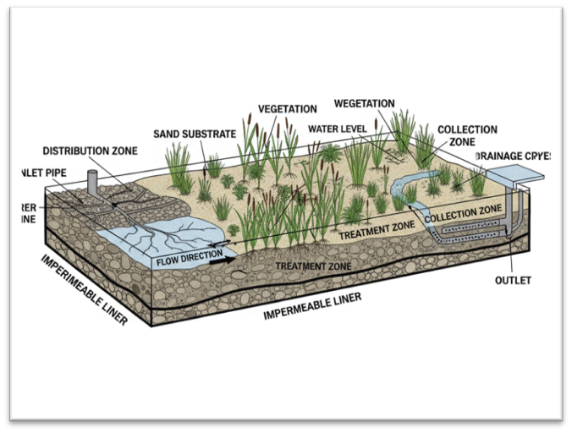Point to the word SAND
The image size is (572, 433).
(168, 134)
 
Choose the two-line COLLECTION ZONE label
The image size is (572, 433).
(467, 136)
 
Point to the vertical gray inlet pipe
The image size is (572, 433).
(93, 182)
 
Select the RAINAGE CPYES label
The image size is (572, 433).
(514, 156)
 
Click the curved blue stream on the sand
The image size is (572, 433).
(404, 187)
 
